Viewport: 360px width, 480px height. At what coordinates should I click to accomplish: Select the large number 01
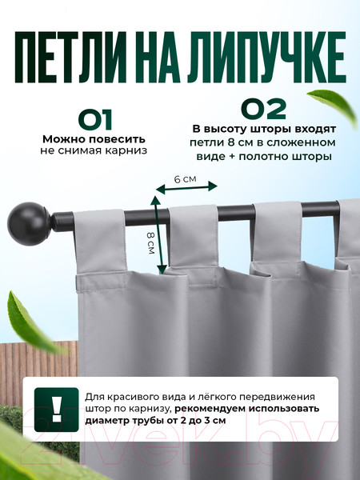95,120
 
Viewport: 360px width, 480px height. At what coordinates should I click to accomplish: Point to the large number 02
263,108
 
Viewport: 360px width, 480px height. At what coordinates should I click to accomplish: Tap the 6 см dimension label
185,179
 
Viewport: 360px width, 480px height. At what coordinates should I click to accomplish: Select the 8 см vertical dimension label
150,243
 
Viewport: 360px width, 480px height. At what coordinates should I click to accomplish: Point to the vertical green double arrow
158,234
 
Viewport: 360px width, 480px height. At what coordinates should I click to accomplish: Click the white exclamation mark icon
57,410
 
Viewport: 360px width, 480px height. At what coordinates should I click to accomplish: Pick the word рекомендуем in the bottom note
211,409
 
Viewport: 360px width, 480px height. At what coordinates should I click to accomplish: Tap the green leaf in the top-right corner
334,106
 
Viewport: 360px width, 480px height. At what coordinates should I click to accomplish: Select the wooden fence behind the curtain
39,373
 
